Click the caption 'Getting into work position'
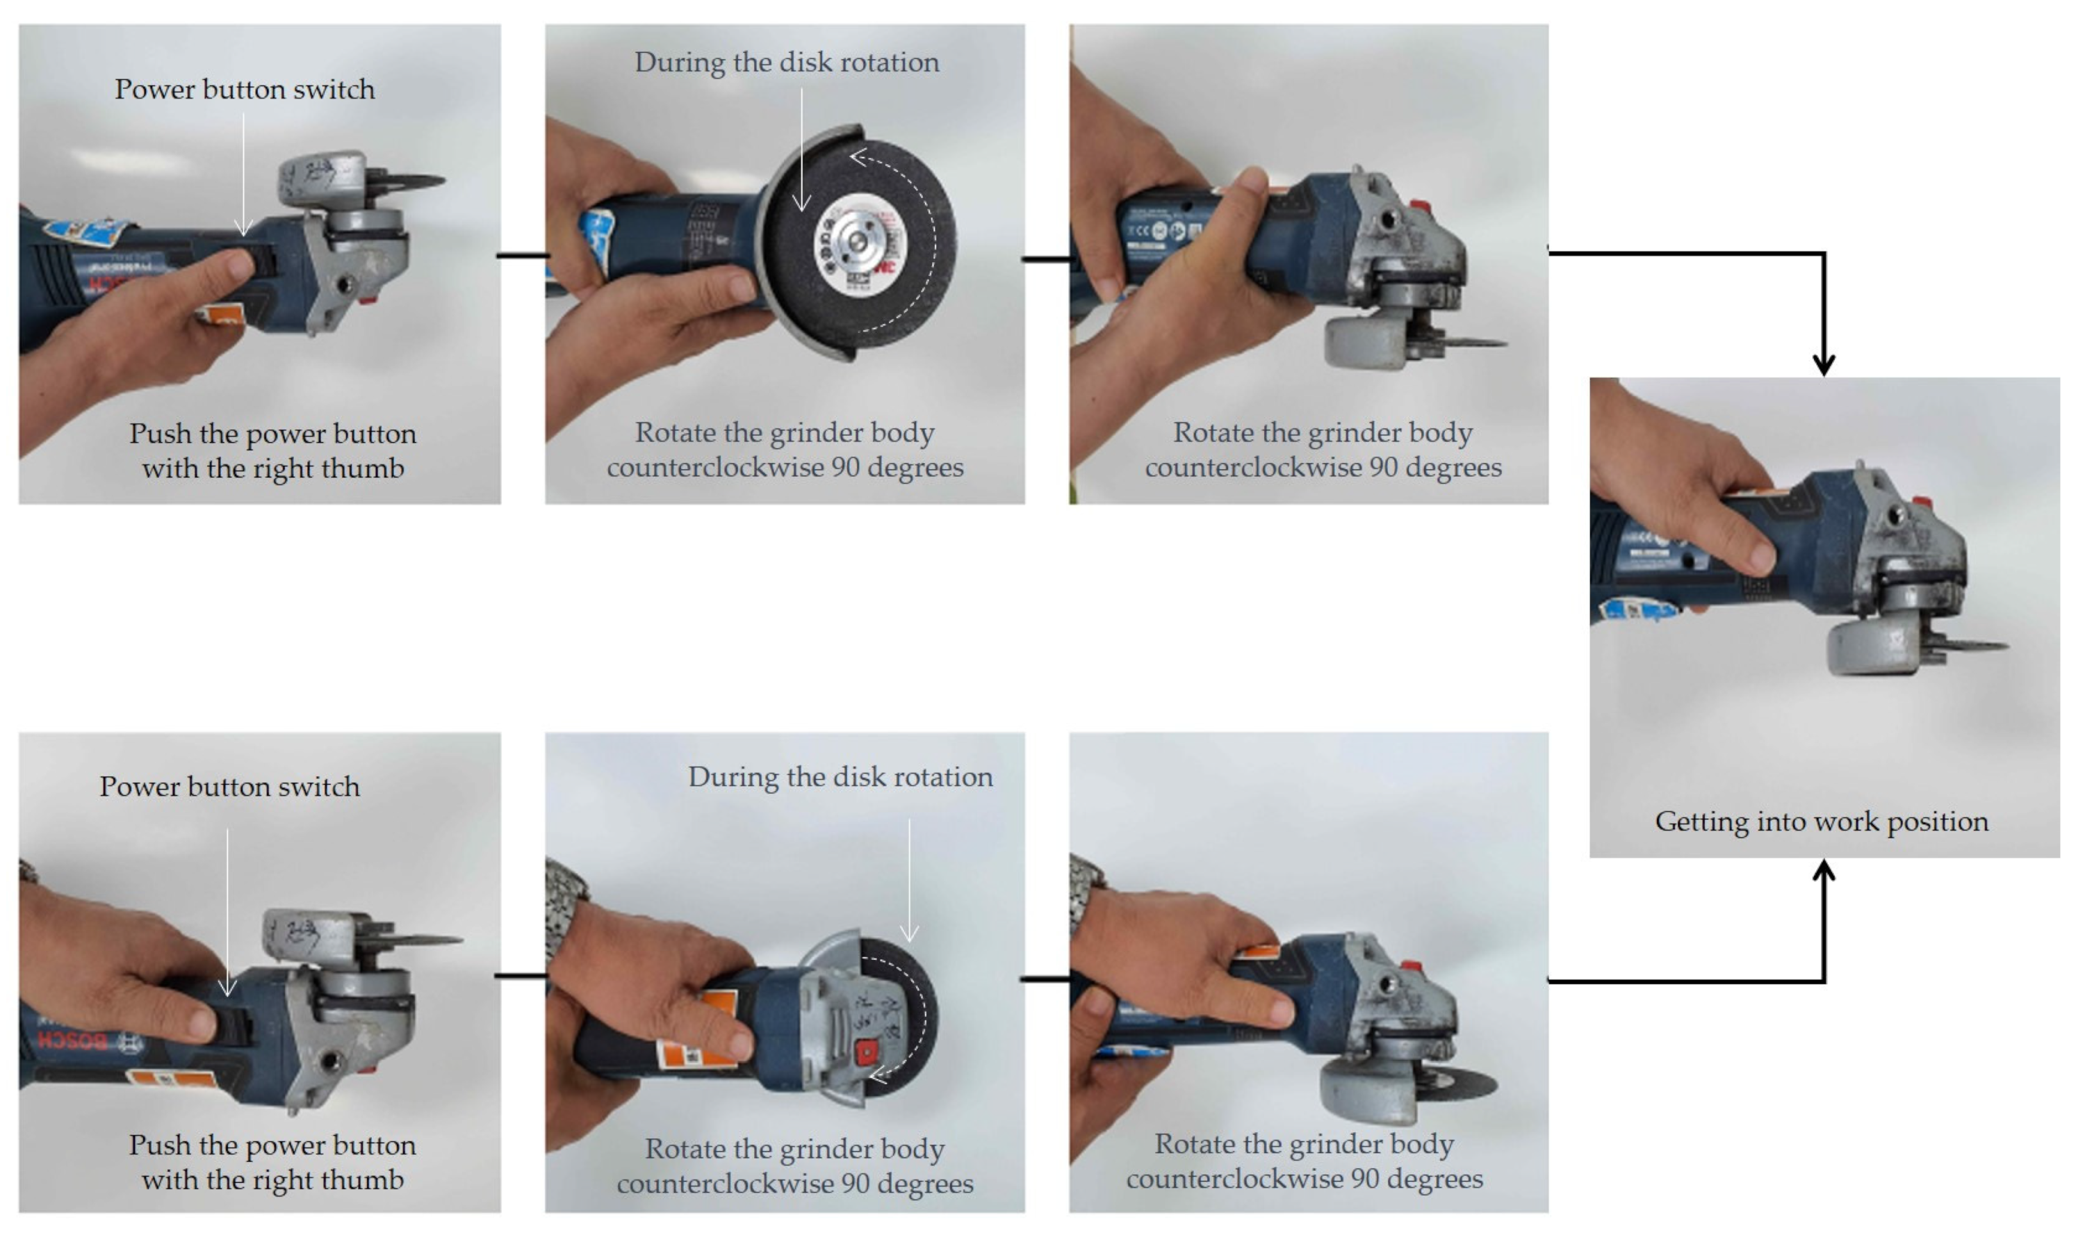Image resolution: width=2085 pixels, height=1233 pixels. coord(1822,821)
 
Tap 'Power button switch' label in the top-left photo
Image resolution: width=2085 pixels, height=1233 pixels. coord(244,89)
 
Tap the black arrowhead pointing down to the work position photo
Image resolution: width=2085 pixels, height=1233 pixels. coord(1824,363)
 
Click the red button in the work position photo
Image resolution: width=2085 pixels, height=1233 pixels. coord(1922,501)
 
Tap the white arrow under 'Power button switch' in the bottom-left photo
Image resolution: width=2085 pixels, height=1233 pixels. coord(227,911)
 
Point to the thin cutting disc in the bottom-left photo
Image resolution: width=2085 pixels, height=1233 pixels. coord(416,940)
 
